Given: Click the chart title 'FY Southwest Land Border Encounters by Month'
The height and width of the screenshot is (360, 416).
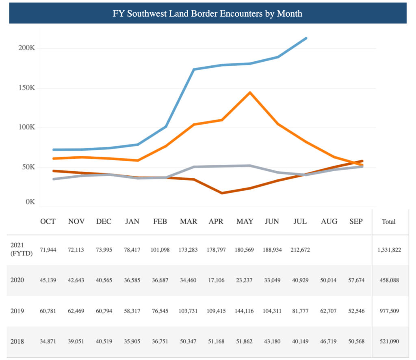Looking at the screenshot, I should click(208, 13).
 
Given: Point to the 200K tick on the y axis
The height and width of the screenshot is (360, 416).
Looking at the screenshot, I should click(27, 48).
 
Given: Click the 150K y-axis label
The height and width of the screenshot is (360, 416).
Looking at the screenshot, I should click(27, 88).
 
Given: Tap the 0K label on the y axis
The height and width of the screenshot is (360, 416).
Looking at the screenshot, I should click(30, 202).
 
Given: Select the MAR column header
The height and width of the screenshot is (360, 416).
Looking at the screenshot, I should click(188, 222).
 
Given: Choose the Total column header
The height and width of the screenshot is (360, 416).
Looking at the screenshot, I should click(388, 222).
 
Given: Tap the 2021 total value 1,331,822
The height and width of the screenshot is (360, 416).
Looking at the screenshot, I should click(389, 250).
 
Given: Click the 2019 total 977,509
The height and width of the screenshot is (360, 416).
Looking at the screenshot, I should click(389, 311).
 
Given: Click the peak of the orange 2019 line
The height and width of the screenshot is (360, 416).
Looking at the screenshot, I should click(250, 93).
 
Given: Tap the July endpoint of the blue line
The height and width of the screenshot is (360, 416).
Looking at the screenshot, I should click(306, 38).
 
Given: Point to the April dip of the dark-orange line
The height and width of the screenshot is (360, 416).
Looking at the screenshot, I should click(222, 193).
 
